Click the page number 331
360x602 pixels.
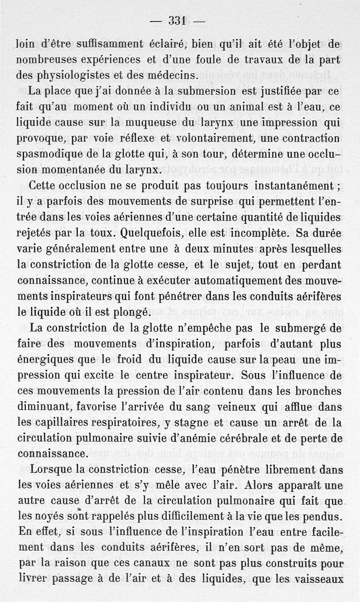click(177, 21)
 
